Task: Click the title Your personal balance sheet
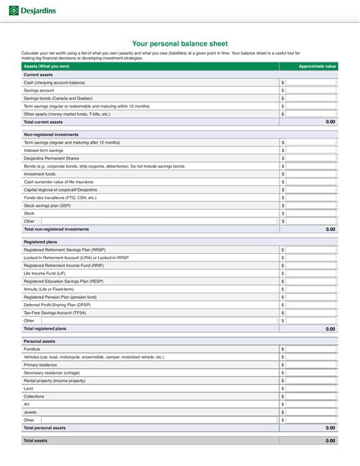point(180,44)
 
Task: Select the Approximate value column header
point(317,66)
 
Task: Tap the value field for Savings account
point(311,90)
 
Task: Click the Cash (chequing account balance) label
point(54,82)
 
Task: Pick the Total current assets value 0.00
point(330,122)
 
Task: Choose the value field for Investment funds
point(311,174)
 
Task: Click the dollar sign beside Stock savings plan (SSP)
point(283,205)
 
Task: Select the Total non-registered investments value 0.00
point(330,229)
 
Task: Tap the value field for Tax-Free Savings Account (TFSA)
point(311,312)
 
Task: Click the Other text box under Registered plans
point(152,321)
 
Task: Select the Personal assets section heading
point(39,341)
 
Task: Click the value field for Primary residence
point(311,365)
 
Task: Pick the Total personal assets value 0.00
point(330,428)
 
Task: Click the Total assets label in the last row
point(36,440)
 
